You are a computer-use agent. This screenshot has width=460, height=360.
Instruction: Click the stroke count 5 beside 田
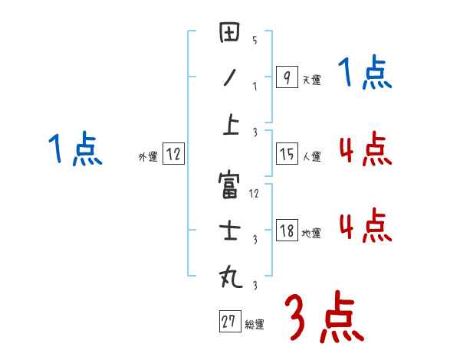[x=254, y=40]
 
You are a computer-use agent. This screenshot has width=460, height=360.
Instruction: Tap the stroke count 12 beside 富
[x=255, y=194]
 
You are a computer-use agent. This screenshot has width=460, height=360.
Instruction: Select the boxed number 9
[x=286, y=77]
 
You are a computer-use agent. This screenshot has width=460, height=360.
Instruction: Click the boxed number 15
[x=287, y=154]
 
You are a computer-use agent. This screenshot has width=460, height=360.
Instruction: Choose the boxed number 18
[x=287, y=231]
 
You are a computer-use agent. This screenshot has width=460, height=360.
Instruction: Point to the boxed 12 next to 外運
[x=173, y=154]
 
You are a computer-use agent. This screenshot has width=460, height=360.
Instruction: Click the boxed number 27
[x=228, y=322]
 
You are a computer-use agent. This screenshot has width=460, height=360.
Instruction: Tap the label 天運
[x=310, y=80]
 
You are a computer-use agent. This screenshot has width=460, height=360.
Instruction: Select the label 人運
[x=311, y=157]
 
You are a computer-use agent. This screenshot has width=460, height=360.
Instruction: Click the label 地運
[x=311, y=234]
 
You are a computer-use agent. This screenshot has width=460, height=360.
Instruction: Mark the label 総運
[x=255, y=325]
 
